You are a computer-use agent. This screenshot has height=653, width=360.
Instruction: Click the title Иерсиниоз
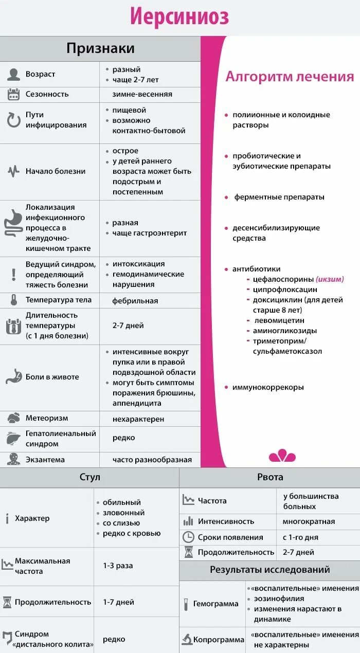[179, 17]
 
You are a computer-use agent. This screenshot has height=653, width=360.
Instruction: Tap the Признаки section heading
[100, 48]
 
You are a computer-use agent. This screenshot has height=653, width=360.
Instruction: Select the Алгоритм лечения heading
[290, 77]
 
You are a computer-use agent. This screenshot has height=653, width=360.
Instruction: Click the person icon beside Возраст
[13, 74]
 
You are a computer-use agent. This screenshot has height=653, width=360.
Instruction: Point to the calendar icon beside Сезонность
[13, 94]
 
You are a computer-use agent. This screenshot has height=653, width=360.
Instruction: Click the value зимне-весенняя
[142, 94]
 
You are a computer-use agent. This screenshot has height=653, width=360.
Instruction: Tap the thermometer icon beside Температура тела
[14, 300]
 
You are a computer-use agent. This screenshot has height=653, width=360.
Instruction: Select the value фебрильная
[135, 301]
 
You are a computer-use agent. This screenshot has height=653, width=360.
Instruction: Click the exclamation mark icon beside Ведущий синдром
[13, 274]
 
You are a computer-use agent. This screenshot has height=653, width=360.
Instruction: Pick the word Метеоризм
[47, 418]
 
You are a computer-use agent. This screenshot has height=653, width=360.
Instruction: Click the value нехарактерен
[138, 419]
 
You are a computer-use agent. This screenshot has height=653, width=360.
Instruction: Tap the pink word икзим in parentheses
[330, 279]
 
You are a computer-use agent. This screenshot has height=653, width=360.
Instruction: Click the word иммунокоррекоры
[268, 387]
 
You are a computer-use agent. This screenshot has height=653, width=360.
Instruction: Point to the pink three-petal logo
[282, 456]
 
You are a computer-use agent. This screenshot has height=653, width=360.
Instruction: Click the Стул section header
[89, 477]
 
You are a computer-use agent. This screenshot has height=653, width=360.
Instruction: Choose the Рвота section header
[270, 477]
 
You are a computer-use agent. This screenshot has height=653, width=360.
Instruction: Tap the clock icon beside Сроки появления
[188, 537]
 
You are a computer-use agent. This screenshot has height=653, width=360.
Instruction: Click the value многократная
[309, 521]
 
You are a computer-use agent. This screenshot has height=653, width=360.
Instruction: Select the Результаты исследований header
[270, 570]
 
